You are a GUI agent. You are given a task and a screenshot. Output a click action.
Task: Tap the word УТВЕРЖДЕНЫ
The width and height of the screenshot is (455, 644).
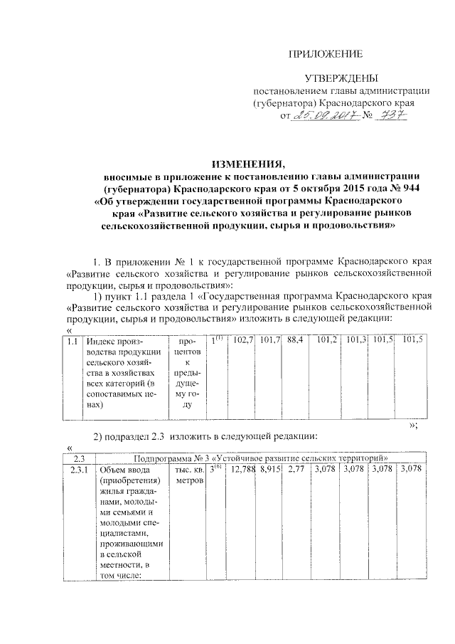coord(336,78)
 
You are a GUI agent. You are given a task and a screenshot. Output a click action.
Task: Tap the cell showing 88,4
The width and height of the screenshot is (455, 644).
coord(296,342)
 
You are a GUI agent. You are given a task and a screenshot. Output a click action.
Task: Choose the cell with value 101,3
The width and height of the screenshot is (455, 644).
coord(356,342)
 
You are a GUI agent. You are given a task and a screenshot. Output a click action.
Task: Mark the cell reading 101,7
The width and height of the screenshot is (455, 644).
coord(269,342)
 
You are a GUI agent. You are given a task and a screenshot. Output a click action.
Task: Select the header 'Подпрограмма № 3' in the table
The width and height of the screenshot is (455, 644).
coord(174,458)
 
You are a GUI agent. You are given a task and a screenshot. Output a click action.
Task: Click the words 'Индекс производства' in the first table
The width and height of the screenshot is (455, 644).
coord(114,348)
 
